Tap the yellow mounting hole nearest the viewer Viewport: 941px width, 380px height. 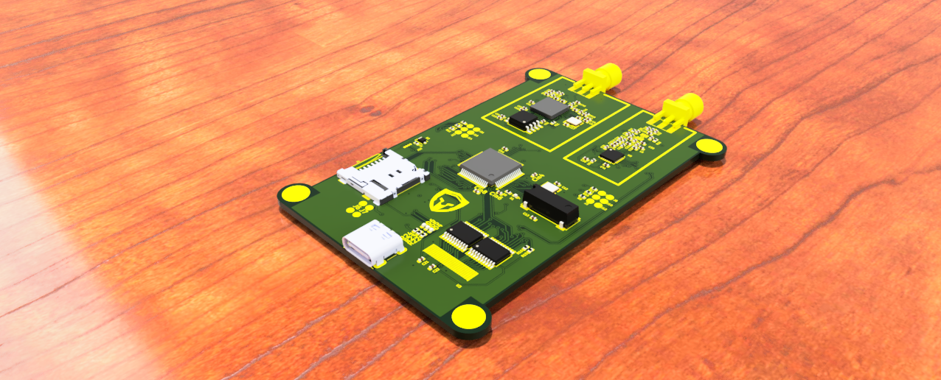[469, 317]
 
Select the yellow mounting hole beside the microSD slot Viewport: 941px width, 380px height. [296, 194]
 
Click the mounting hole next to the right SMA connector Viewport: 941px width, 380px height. [709, 145]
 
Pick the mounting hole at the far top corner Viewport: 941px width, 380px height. [539, 74]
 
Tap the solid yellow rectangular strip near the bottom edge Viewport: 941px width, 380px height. [450, 263]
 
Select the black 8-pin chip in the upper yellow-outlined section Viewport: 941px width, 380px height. [524, 120]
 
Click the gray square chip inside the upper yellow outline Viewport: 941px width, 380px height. [549, 108]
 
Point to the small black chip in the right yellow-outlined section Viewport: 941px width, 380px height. [611, 155]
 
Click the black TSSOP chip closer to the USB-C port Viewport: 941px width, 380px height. [462, 234]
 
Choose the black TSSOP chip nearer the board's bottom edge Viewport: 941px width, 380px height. [490, 252]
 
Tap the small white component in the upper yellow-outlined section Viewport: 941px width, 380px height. [572, 121]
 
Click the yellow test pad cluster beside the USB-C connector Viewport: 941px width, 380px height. [358, 207]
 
